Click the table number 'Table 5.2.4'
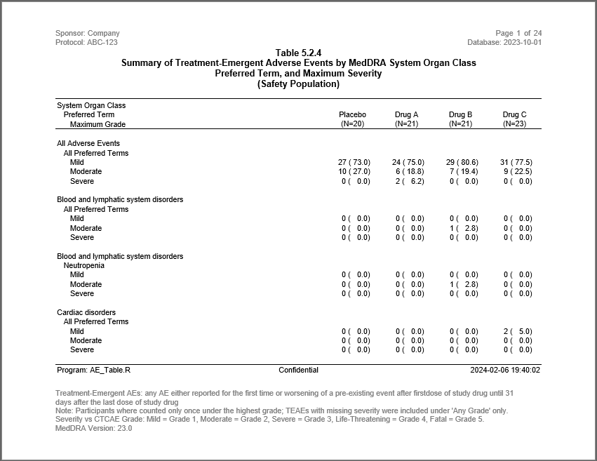tap(298, 53)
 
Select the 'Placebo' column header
tap(352, 114)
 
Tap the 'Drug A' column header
tap(406, 114)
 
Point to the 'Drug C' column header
tap(514, 114)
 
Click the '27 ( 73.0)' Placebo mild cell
tap(354, 162)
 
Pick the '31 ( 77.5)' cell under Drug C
tap(517, 162)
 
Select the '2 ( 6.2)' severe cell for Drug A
tap(410, 181)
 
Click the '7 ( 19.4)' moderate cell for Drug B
tap(463, 171)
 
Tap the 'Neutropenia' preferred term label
tap(83, 266)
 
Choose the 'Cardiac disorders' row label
tap(86, 312)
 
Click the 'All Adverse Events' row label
tap(88, 143)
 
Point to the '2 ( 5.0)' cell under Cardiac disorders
tap(517, 331)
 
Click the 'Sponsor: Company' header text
tap(87, 33)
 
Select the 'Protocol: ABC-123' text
tap(86, 42)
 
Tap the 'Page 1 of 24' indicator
tap(518, 33)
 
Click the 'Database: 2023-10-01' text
tap(504, 42)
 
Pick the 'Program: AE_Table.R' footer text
tap(93, 370)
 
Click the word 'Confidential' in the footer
tap(298, 370)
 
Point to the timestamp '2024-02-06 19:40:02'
tap(505, 370)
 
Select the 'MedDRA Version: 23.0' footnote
tap(93, 428)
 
